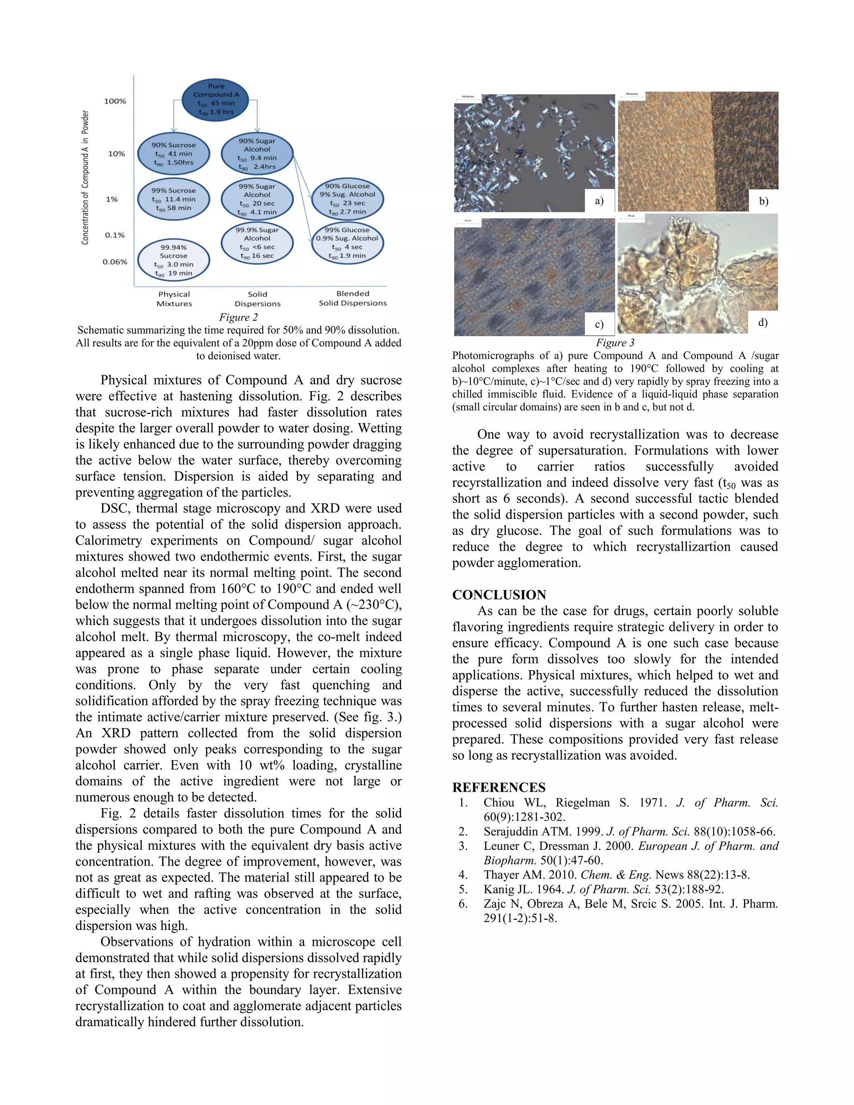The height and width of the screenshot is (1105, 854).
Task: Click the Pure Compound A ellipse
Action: [216, 100]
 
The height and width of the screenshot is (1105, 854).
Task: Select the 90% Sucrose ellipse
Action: [173, 154]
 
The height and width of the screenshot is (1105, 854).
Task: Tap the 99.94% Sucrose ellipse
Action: [173, 260]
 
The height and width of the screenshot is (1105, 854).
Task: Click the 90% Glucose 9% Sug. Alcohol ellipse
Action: [347, 199]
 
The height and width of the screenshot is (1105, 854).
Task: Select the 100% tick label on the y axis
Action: [115, 101]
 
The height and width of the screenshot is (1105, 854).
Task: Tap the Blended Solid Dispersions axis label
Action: [353, 298]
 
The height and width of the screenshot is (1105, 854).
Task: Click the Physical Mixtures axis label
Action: [174, 299]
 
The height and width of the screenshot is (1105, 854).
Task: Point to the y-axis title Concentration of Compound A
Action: [85, 178]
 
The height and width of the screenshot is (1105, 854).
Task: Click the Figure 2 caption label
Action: [238, 317]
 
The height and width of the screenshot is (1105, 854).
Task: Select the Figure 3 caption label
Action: [615, 342]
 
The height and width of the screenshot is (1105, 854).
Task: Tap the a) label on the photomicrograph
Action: [599, 201]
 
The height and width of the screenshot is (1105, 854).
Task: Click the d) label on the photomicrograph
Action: [763, 322]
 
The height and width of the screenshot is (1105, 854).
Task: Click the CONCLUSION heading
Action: [499, 595]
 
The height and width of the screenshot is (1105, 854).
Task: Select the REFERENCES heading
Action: [498, 787]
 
